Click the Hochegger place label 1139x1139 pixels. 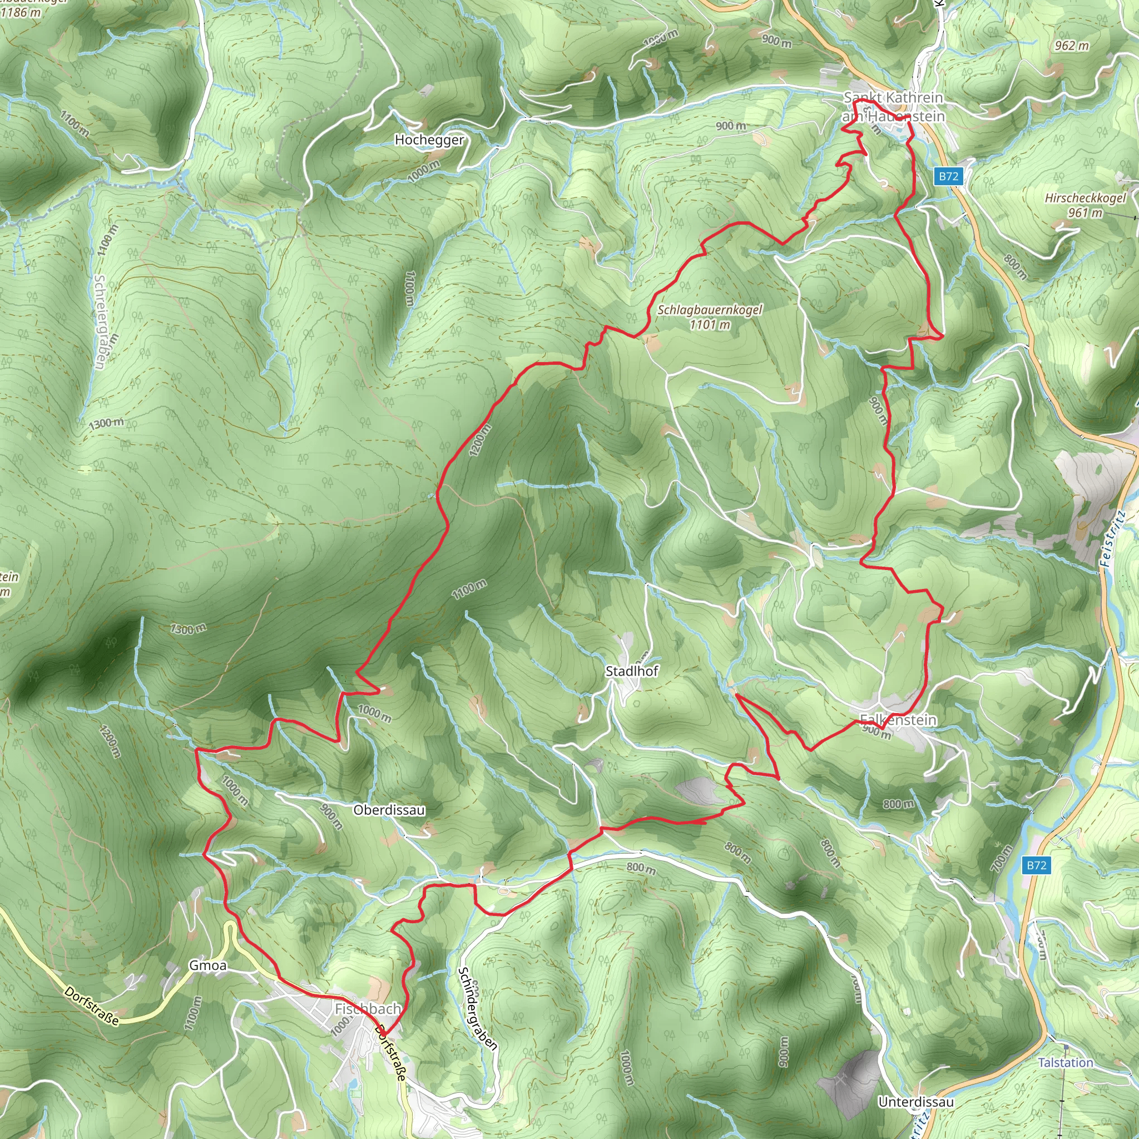click(429, 140)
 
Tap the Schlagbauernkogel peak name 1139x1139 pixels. click(710, 310)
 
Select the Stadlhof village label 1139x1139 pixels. click(632, 671)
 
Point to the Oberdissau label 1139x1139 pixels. click(389, 810)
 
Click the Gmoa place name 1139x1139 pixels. click(207, 965)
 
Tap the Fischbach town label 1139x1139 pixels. click(368, 1009)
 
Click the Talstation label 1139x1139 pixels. click(1065, 1062)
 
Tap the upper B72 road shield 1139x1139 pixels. click(949, 176)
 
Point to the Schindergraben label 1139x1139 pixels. click(478, 1008)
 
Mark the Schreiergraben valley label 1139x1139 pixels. click(100, 322)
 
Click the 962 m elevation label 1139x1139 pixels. click(1072, 46)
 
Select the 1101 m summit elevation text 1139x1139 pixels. click(710, 324)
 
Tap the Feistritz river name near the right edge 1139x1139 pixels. click(1113, 539)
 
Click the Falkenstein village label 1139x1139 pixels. click(898, 720)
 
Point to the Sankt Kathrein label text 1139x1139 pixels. click(893, 97)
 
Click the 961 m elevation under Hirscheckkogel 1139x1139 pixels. click(1084, 212)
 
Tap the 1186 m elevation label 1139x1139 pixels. click(21, 12)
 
